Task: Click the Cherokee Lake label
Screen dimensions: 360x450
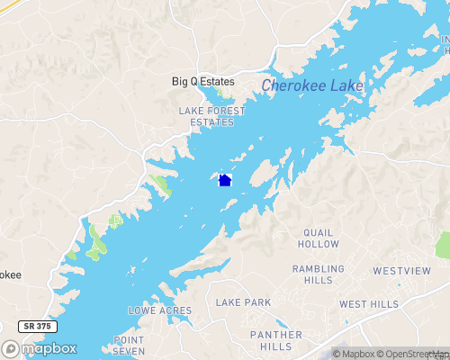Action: pyautogui.click(x=313, y=86)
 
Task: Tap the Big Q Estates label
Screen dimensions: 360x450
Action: pyautogui.click(x=203, y=82)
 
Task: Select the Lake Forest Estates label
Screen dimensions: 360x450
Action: pyautogui.click(x=211, y=116)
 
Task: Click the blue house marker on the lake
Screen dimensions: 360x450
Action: pyautogui.click(x=225, y=180)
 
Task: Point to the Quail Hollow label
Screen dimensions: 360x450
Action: pyautogui.click(x=321, y=238)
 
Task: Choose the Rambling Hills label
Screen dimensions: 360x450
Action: pyautogui.click(x=319, y=274)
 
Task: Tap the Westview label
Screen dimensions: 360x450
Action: pyautogui.click(x=397, y=270)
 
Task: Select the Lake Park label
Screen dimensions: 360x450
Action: pyautogui.click(x=243, y=303)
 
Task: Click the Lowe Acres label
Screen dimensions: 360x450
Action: pyautogui.click(x=160, y=310)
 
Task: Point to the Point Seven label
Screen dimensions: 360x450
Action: pyautogui.click(x=129, y=346)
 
